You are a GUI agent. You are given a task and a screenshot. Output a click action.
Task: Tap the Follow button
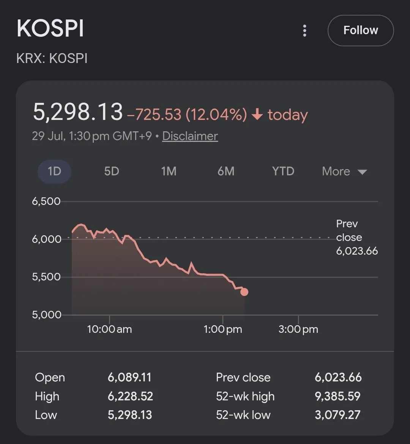pyautogui.click(x=360, y=30)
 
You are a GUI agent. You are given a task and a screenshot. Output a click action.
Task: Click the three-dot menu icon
pyautogui.click(x=304, y=31)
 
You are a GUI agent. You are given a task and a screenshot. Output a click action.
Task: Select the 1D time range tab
pyautogui.click(x=54, y=171)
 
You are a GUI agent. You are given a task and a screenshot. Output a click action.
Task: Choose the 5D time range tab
pyautogui.click(x=112, y=171)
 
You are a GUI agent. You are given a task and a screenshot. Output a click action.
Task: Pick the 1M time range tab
pyautogui.click(x=169, y=171)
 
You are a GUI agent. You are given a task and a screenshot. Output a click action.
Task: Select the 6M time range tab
pyautogui.click(x=226, y=171)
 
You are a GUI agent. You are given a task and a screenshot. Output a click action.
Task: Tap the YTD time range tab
pyautogui.click(x=283, y=171)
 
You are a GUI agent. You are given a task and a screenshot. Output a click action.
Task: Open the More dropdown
pyautogui.click(x=345, y=171)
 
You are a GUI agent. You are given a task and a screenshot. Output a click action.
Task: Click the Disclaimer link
pyautogui.click(x=190, y=136)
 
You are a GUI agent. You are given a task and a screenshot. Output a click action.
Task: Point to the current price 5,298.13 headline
pyautogui.click(x=78, y=112)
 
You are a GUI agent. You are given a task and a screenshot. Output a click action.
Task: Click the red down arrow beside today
pyautogui.click(x=257, y=114)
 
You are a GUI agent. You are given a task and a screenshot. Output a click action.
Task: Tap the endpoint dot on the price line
pyautogui.click(x=244, y=292)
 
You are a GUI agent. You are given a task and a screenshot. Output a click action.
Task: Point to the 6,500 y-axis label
pyautogui.click(x=46, y=202)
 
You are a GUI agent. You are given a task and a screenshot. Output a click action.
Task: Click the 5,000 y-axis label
pyautogui.click(x=46, y=315)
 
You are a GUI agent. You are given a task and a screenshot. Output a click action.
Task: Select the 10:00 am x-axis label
pyautogui.click(x=109, y=329)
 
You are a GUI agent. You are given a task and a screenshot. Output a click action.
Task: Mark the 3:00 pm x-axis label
pyautogui.click(x=298, y=329)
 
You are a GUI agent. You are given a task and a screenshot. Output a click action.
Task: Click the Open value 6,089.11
pyautogui.click(x=129, y=378)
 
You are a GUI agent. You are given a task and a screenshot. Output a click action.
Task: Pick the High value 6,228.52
pyautogui.click(x=130, y=396)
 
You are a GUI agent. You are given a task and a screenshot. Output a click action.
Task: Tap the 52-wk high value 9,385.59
pyautogui.click(x=338, y=396)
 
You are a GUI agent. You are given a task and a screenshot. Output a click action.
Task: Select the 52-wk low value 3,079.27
pyautogui.click(x=338, y=415)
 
